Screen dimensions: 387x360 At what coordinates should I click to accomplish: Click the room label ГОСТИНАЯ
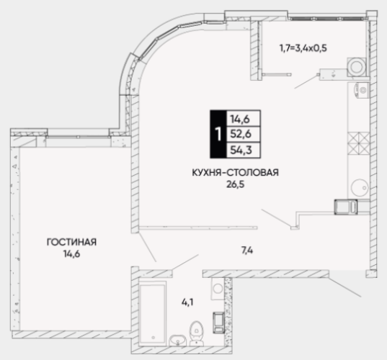[x=71, y=242]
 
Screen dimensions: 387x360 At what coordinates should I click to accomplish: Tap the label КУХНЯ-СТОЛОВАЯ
[x=235, y=172]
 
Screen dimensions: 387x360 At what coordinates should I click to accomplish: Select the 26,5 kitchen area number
[x=235, y=184]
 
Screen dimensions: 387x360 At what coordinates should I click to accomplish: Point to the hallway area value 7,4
[x=247, y=251]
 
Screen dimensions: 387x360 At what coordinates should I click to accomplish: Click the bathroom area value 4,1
[x=187, y=302]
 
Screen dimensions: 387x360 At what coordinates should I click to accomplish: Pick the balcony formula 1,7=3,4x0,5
[x=303, y=48]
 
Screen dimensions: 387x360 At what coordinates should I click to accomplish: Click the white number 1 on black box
[x=218, y=134]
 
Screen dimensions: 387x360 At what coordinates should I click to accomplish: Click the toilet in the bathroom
[x=196, y=333]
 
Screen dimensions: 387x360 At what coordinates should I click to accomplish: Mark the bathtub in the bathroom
[x=152, y=314]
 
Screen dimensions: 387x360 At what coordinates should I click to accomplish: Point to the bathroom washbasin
[x=177, y=341]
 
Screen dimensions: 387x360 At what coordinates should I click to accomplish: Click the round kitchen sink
[x=360, y=187]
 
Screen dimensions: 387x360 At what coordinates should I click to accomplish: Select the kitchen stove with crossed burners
[x=358, y=143]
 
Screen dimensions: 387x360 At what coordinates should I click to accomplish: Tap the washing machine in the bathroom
[x=218, y=289]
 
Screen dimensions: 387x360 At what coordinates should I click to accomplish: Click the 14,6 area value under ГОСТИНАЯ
[x=71, y=254]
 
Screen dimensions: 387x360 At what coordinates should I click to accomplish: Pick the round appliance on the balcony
[x=357, y=67]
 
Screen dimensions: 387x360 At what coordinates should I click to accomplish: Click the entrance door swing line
[x=344, y=287]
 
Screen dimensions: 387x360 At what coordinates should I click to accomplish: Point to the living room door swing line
[x=147, y=247]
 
